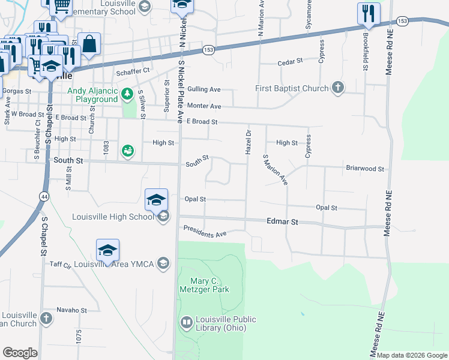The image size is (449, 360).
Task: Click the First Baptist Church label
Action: pos(292,88)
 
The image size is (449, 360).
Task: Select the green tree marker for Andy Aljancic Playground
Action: pos(127,94)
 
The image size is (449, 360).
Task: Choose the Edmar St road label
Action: pos(282,221)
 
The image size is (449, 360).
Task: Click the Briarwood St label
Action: pos(364,169)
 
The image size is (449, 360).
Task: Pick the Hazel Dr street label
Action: pos(247,142)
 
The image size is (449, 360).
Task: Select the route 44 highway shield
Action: pos(44,196)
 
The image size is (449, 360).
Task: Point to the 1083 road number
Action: pos(106,151)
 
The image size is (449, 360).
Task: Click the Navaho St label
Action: pos(72,310)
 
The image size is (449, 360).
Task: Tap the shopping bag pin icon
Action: pos(89,44)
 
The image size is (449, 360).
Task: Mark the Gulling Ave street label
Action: pos(203,89)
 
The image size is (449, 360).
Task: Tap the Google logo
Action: pos(20,353)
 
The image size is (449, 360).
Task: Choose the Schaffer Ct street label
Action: pos(133,71)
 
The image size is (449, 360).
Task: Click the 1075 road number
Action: pos(79,336)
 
